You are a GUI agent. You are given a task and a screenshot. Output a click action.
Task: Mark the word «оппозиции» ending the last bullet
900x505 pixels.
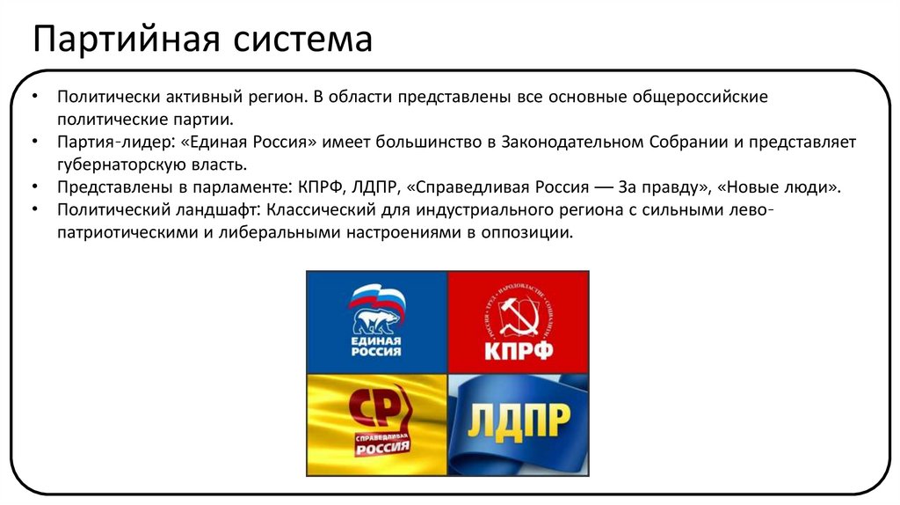coord(532,233)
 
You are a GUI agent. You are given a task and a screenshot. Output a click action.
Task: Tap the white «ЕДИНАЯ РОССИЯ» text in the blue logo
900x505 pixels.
coord(375,345)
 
